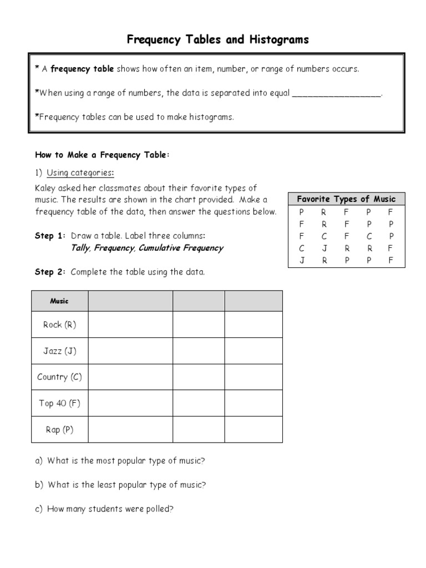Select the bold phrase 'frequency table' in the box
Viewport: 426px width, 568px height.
click(82, 69)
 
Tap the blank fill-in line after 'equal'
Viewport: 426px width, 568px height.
click(337, 93)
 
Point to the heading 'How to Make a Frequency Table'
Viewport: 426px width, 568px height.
click(101, 155)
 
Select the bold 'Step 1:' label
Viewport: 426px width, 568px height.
click(50, 236)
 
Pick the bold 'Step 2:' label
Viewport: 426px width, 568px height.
click(50, 272)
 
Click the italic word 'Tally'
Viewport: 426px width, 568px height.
click(80, 248)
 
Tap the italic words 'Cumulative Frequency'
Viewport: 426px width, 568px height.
click(181, 248)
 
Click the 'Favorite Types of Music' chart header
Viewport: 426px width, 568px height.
click(346, 199)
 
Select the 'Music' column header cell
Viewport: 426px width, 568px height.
click(59, 301)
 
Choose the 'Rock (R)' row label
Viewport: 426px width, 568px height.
click(59, 325)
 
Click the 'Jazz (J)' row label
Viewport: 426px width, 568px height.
click(59, 351)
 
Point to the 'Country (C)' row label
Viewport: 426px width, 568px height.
click(59, 377)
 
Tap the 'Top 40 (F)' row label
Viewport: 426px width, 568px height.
click(59, 403)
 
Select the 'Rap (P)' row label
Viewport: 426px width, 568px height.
click(59, 429)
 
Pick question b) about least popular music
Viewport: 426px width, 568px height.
click(120, 485)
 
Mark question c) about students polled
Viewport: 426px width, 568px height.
click(104, 509)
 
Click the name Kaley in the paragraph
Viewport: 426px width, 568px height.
click(46, 189)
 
